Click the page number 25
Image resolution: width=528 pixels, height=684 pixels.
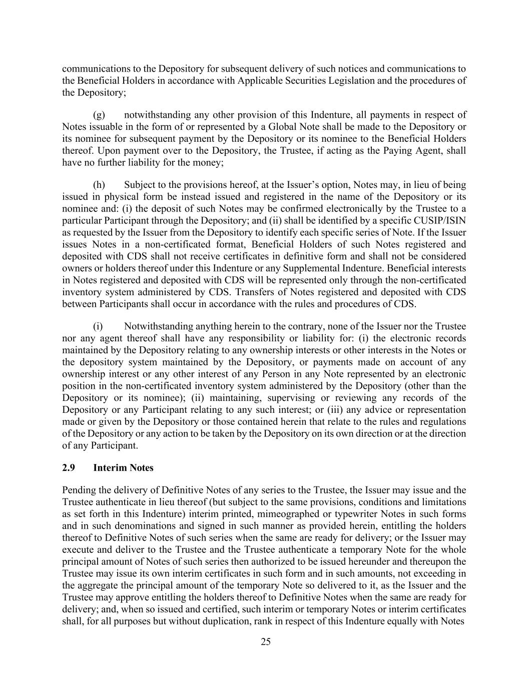click(266, 642)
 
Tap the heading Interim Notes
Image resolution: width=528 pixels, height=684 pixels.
click(123, 468)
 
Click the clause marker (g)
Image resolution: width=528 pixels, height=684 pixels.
click(99, 115)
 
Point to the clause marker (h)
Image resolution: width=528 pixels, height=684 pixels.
click(99, 185)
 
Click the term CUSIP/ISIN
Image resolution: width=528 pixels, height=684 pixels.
click(442, 221)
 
